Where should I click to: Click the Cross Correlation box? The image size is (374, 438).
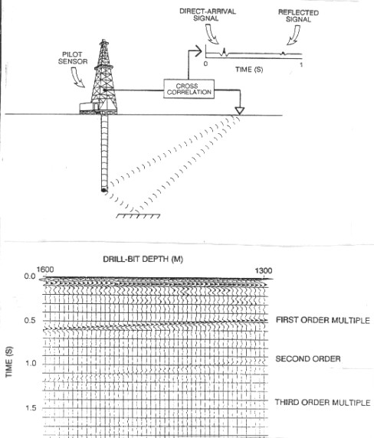pos(189,89)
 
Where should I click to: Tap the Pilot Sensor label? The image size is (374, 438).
pos(73,58)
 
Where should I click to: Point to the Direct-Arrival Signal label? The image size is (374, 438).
pos(208,15)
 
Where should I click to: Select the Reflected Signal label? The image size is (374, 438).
pos(298,16)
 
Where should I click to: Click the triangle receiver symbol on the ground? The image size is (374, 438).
pos(240,110)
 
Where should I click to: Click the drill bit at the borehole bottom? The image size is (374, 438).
pos(104,190)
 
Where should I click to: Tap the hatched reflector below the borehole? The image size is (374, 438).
pos(138,216)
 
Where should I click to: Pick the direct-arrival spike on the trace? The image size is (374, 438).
pos(225,52)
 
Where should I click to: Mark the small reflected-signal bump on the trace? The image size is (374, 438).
pos(283,53)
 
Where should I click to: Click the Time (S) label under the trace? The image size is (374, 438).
pos(249,69)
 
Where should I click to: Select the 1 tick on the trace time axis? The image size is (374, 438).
pos(301,65)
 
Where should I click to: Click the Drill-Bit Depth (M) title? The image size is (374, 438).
pos(143,260)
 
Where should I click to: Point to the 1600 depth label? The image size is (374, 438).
pos(45,270)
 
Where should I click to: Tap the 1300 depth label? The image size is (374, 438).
pos(264,270)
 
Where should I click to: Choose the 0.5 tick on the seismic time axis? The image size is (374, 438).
pos(30,320)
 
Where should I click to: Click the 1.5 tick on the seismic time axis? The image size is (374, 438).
pos(31,408)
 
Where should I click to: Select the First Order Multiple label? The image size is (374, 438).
pos(323,320)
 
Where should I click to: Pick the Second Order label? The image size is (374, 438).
pos(308,358)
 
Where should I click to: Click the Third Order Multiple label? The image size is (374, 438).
pos(323,403)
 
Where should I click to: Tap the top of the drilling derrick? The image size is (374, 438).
pos(103,41)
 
